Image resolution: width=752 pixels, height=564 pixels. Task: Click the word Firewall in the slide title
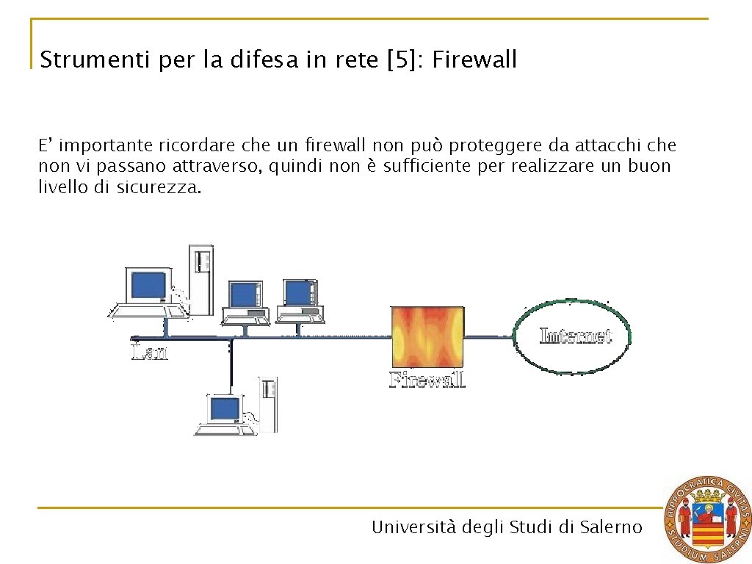(474, 59)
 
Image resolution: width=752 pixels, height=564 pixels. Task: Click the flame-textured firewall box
(428, 337)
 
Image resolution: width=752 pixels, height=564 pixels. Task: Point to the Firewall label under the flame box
(427, 380)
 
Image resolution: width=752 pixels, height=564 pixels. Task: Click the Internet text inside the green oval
(575, 336)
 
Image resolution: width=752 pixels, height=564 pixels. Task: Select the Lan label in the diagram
(149, 353)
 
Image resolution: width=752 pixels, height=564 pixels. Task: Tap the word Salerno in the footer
(611, 527)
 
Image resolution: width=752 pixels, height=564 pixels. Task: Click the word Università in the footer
(414, 527)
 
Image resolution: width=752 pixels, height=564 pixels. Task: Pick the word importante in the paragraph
(106, 145)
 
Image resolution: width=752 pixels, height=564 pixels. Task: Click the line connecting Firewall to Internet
(488, 337)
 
